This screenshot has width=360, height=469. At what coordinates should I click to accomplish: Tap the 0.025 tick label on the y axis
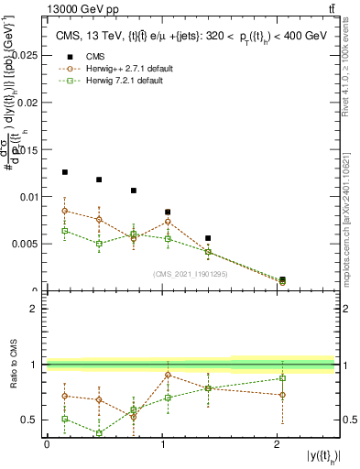pyautogui.click(x=26, y=54)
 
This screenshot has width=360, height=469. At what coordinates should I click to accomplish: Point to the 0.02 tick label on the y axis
pyautogui.click(x=28, y=102)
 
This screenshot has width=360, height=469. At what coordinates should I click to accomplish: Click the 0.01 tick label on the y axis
pyautogui.click(x=28, y=196)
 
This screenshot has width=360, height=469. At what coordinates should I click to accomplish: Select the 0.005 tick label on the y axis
pyautogui.click(x=26, y=244)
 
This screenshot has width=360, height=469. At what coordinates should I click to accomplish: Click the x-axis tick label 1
pyautogui.click(x=162, y=445)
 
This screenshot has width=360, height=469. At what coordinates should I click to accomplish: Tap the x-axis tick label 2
pyautogui.click(x=278, y=445)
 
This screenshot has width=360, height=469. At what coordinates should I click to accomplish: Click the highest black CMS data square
pyautogui.click(x=64, y=171)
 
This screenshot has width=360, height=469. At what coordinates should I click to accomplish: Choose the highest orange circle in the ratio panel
pyautogui.click(x=168, y=375)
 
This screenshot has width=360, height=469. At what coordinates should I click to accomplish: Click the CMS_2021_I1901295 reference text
pyautogui.click(x=191, y=274)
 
